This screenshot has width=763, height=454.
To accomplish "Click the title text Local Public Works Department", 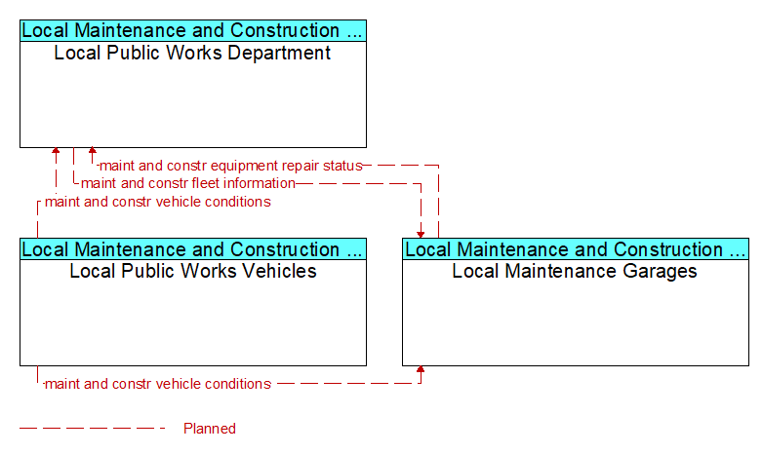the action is [x=192, y=53].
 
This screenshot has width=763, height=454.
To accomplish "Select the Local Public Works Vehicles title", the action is [x=193, y=271].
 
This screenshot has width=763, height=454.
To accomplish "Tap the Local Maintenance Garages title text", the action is [x=575, y=271].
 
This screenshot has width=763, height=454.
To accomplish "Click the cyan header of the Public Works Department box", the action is [x=193, y=30].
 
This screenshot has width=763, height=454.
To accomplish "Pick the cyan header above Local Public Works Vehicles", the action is [x=193, y=249].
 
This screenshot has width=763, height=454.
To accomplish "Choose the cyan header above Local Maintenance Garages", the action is [x=576, y=249].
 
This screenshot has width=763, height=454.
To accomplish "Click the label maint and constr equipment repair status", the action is [x=231, y=166].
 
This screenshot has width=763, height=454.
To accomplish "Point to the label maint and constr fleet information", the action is [x=188, y=183].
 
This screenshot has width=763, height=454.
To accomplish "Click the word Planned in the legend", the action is [x=210, y=429].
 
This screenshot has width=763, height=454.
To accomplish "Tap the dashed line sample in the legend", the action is [x=93, y=429].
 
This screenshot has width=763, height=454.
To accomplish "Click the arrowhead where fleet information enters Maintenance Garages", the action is [x=421, y=235].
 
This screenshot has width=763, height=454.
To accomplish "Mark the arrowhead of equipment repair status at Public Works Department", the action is [x=92, y=151].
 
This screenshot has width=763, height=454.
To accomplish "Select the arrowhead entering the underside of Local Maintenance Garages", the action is [x=421, y=369].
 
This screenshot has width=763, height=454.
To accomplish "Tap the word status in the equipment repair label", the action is [x=343, y=166].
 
